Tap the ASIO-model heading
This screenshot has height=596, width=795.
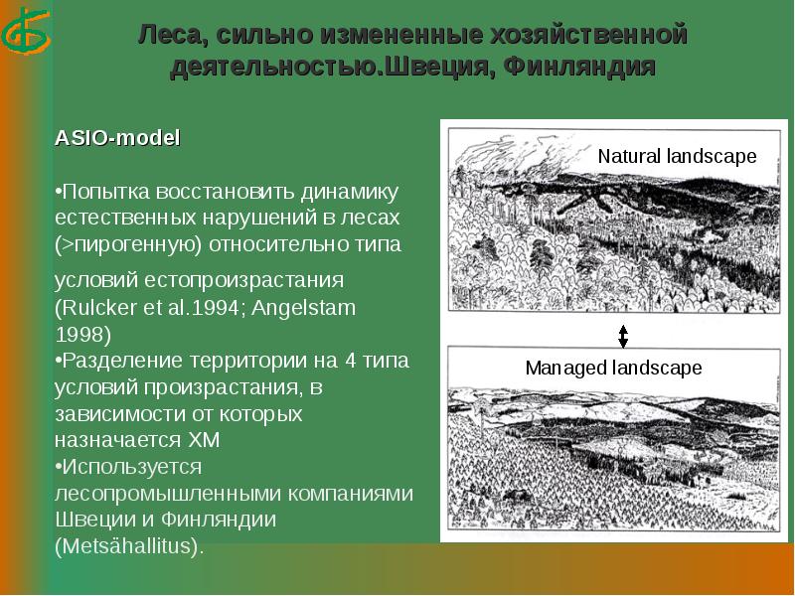tap(117, 139)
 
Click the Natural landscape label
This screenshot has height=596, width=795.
tap(677, 156)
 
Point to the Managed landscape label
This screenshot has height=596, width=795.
tap(613, 368)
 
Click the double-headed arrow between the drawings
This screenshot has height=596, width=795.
tap(623, 336)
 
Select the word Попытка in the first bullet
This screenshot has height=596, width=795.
tap(99, 190)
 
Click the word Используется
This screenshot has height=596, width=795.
tap(129, 466)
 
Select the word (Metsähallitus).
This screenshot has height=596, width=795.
tap(129, 546)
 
